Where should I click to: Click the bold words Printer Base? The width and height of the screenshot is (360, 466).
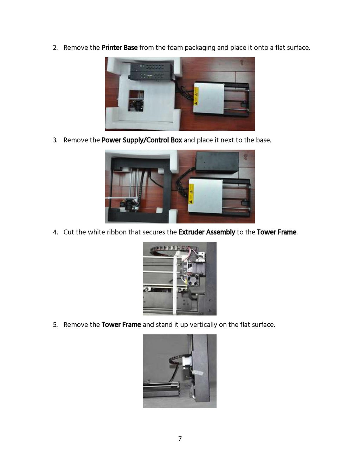[x=120, y=47]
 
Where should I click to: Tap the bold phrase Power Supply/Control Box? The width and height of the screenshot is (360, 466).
[x=142, y=140]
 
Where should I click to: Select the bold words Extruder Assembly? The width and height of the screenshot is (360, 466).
[x=207, y=232]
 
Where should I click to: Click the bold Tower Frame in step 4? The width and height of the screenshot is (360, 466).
[x=277, y=232]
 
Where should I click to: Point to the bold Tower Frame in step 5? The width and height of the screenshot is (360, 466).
[x=121, y=324]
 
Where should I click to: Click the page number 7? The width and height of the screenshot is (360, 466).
[x=180, y=439]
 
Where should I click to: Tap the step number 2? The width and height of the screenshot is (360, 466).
[x=55, y=47]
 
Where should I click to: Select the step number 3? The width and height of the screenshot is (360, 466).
[x=55, y=140]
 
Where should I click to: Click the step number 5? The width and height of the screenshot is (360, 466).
[x=55, y=325]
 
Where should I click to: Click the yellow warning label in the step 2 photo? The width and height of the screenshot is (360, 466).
[x=196, y=96]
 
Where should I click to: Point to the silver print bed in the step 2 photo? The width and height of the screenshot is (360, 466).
[x=208, y=98]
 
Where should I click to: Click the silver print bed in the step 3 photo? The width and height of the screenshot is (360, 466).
[x=205, y=196]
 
